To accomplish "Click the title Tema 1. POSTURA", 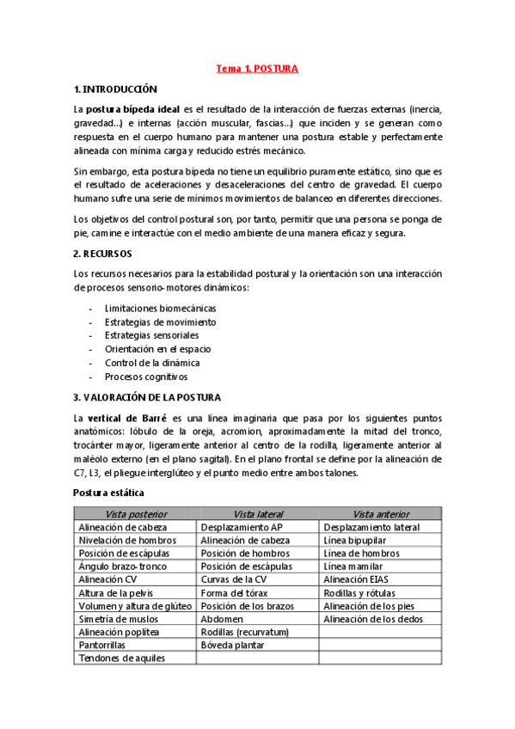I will [257, 69].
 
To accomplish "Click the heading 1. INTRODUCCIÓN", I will [116, 89].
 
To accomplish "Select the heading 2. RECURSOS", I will [102, 254].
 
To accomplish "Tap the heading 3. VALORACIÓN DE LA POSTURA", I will [147, 397].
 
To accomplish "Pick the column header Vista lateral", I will [257, 513].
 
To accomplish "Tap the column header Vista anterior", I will [380, 513].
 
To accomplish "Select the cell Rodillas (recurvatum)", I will [244, 632].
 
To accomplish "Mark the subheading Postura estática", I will [108, 493].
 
